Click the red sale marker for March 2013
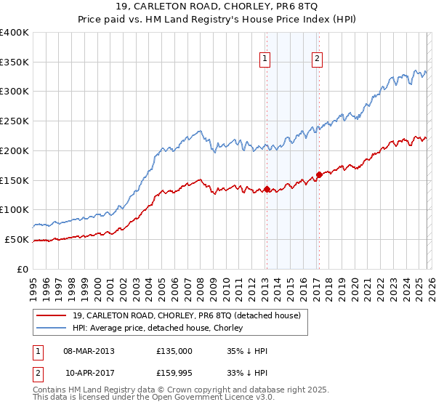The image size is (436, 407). [266, 189]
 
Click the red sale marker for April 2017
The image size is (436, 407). [318, 174]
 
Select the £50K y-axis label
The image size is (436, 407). [17, 239]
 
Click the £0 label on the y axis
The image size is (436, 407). [23, 269]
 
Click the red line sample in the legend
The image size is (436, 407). [52, 315]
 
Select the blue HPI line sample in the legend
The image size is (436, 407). [52, 329]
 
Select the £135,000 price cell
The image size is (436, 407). [174, 351]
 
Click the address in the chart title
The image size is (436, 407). [217, 8]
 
